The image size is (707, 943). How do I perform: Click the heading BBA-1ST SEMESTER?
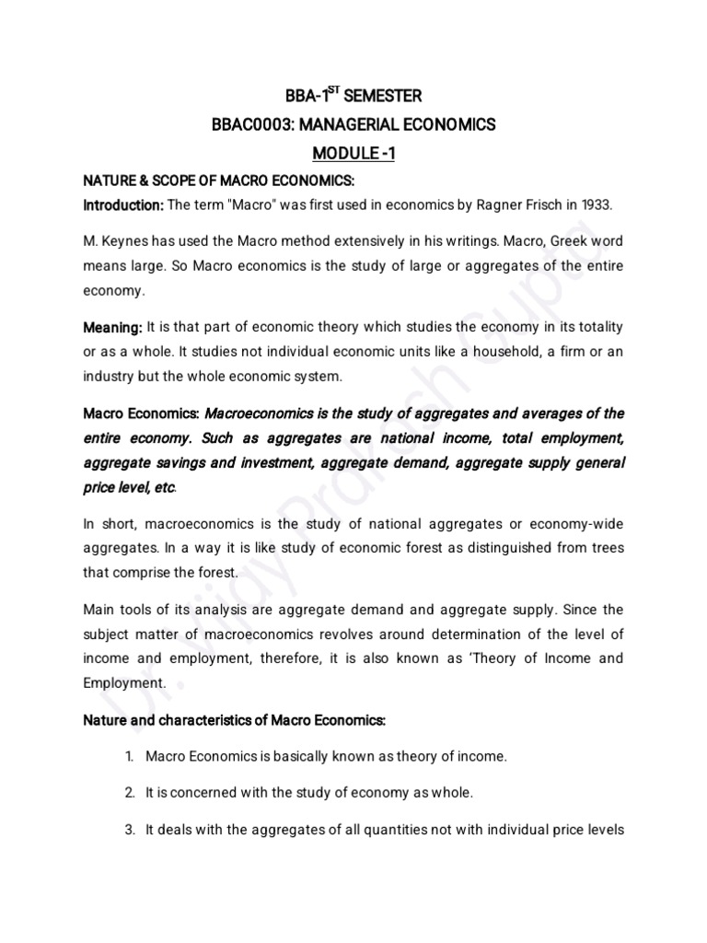[353, 95]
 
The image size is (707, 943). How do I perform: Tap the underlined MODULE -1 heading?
[353, 154]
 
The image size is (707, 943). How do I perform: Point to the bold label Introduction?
[124, 204]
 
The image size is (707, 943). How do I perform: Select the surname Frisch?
[517, 204]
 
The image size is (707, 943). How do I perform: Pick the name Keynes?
[127, 240]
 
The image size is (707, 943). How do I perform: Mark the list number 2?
[130, 792]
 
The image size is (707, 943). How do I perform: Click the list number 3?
[130, 830]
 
